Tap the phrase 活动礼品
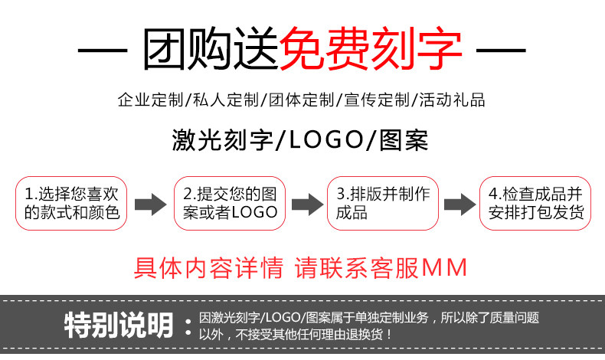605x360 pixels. point(451,100)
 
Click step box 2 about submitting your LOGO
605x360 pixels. point(230,203)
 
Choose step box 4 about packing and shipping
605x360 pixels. point(535,203)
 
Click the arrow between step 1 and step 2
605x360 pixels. point(150,204)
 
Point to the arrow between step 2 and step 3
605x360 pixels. point(306,204)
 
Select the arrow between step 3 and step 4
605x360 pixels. point(459,204)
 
